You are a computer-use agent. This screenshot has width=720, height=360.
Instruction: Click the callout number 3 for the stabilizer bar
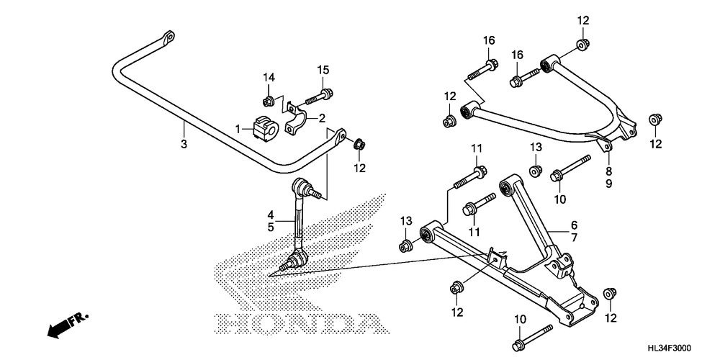pos(184,144)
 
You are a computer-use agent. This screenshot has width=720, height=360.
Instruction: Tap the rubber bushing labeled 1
pos(265,127)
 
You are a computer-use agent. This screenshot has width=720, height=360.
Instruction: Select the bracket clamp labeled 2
pos(296,120)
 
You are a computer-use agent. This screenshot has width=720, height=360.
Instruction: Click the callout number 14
pos(269,77)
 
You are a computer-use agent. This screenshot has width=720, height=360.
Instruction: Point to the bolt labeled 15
pos(318,97)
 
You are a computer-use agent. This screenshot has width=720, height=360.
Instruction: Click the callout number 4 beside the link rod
pos(271,215)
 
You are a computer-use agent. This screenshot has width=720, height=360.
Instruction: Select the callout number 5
pos(271,227)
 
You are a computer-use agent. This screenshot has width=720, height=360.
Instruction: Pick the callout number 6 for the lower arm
pos(574,225)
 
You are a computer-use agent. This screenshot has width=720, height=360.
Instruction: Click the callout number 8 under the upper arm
pos(609,172)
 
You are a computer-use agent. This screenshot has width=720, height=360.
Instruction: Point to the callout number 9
pos(609,184)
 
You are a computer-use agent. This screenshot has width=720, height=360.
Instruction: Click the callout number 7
pos(574,238)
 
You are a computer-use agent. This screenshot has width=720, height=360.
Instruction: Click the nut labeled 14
pos(268,100)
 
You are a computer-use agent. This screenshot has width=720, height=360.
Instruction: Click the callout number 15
pos(323,71)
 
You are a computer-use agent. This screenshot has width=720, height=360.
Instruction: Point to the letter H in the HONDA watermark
pos(230,324)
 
